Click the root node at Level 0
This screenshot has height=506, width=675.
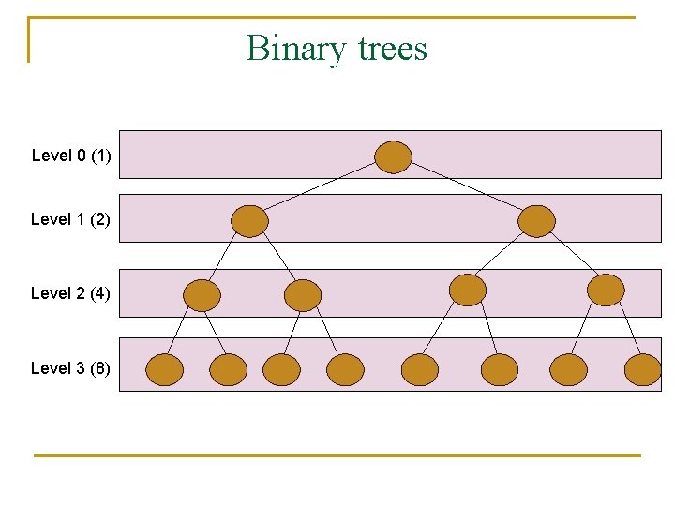tap(394, 156)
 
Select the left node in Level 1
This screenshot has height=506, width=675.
tap(249, 221)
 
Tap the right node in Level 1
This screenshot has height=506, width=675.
tap(537, 221)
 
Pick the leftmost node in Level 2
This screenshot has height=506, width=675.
tap(202, 295)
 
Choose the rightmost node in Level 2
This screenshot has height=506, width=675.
tap(606, 290)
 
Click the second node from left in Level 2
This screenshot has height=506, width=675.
tap(303, 295)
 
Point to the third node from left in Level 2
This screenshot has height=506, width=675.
tap(468, 290)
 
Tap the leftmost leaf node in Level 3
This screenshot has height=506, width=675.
tap(165, 370)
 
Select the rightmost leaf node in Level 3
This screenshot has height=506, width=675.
tap(643, 370)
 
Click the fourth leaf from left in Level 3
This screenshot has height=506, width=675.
tap(345, 370)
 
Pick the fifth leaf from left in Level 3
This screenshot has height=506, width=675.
tap(420, 370)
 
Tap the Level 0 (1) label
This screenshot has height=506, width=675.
tap(71, 156)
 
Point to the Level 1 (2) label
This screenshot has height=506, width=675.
tap(70, 219)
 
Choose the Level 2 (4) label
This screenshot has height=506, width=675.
tap(70, 293)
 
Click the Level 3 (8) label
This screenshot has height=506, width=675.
tap(70, 368)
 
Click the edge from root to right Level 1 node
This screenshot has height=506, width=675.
tap(465, 188)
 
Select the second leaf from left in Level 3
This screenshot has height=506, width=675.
tap(229, 370)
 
